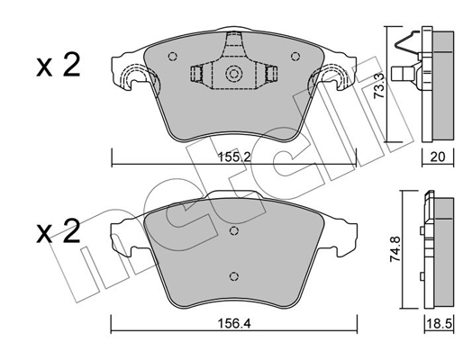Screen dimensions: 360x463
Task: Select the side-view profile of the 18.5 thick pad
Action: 440,252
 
